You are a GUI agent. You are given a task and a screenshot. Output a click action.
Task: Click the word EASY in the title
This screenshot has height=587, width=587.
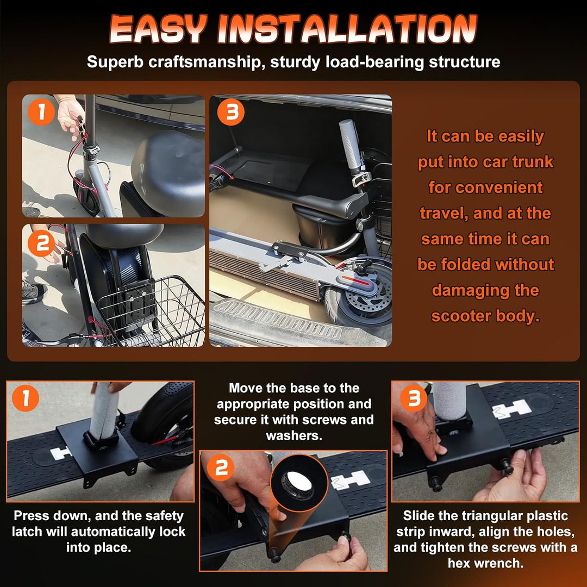coord(158,29)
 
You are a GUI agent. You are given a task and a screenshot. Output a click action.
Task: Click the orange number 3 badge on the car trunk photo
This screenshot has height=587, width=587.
coord(230,111)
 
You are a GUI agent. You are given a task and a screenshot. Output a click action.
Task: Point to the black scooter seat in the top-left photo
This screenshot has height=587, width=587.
coord(168,173)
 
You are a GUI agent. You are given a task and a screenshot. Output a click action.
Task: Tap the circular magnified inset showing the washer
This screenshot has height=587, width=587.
coord(299,483)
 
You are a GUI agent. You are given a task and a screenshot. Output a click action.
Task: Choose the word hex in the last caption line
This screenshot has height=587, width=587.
coord(461,563)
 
